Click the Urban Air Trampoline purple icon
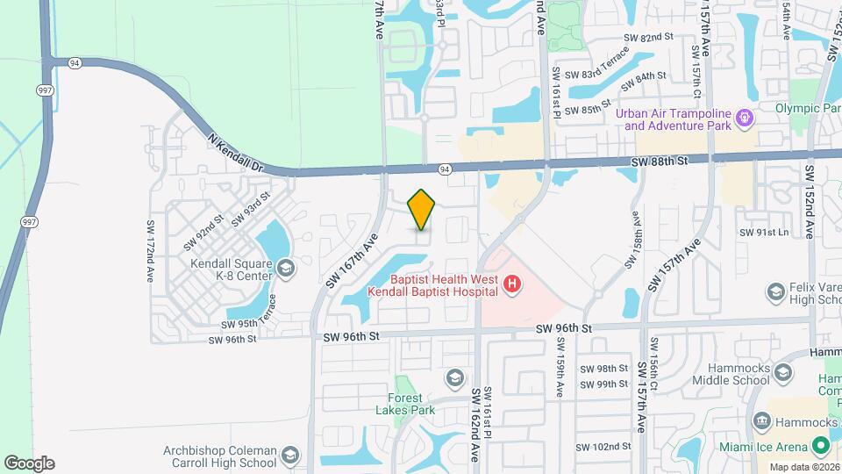coord(745,116)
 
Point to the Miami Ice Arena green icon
coord(822,447)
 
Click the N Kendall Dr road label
coord(236,153)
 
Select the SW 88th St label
coord(660,162)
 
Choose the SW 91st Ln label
coord(764,233)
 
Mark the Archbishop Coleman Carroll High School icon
coord(289,456)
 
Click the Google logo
coord(29,463)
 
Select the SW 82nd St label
coord(647,38)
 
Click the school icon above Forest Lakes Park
coord(454,377)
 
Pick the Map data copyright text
coord(802,467)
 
